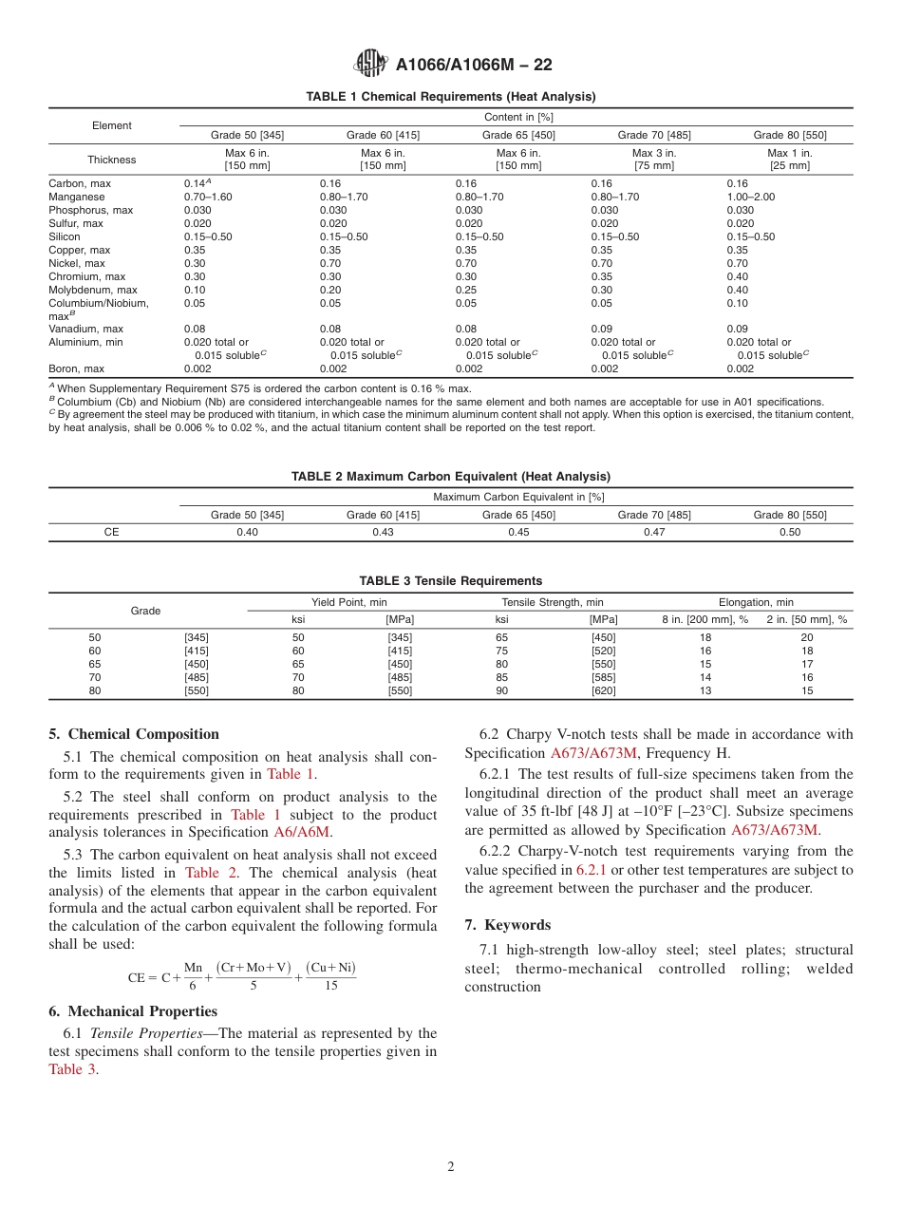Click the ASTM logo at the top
[x=370, y=64]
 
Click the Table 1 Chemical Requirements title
[x=451, y=97]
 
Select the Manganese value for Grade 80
[x=750, y=197]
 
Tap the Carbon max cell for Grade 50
[x=197, y=183]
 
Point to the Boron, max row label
[x=76, y=368]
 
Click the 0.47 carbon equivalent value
[x=654, y=532]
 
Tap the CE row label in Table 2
[x=112, y=532]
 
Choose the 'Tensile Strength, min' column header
[x=553, y=602]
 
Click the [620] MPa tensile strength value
[x=603, y=690]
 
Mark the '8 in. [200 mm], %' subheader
[x=705, y=619]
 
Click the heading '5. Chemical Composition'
[x=134, y=734]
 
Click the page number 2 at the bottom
[x=451, y=1167]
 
